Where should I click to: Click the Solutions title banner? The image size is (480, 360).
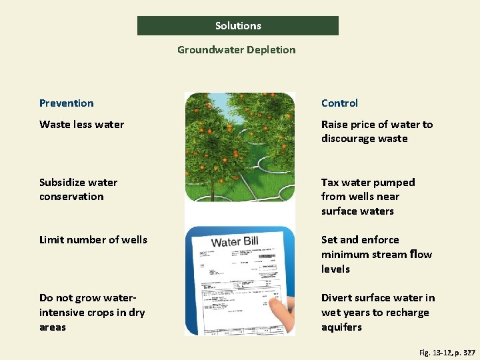[238, 26]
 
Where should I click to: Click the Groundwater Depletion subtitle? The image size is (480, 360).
[236, 50]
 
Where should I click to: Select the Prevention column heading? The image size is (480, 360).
[67, 103]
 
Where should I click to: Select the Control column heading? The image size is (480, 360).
[339, 103]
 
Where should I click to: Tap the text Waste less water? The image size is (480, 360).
[81, 125]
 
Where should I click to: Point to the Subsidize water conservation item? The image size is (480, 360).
[78, 189]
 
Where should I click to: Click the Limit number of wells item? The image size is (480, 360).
[93, 240]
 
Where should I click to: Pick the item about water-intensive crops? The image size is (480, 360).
[92, 313]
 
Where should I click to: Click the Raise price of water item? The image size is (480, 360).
[377, 131]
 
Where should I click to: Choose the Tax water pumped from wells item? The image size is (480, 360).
[368, 197]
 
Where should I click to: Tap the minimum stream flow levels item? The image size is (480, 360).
[376, 254]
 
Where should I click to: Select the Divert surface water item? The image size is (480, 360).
[377, 312]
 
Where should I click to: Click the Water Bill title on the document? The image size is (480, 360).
[235, 242]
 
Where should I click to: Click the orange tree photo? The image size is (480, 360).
[239, 147]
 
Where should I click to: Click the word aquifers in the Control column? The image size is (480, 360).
[341, 327]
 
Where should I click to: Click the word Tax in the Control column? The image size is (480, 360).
[330, 183]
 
